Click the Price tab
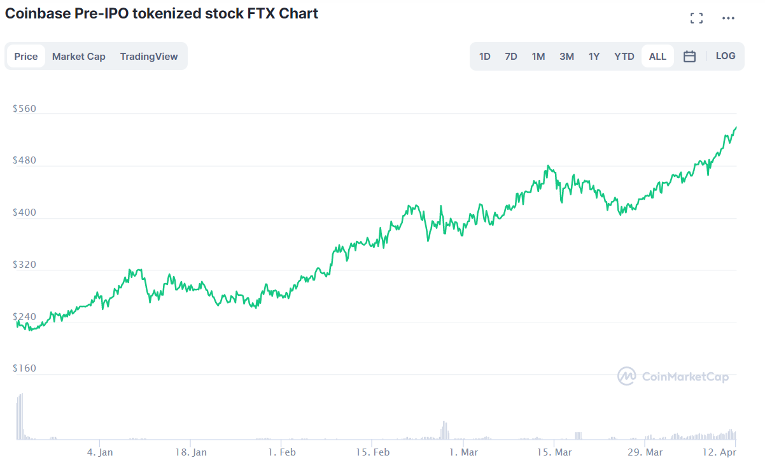tap(26, 57)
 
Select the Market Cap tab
tap(79, 57)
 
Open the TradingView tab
tap(149, 57)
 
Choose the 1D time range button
tap(485, 57)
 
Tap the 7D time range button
tap(511, 57)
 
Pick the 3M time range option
tap(566, 57)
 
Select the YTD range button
tap(624, 57)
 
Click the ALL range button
tap(657, 57)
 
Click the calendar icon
tap(689, 57)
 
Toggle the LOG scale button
tap(726, 56)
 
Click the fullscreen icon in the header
tap(697, 18)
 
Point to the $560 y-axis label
tap(24, 109)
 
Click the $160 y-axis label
tap(24, 368)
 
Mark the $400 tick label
tap(24, 213)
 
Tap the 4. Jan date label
tap(100, 452)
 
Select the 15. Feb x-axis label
tap(372, 452)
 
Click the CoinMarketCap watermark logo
tap(627, 376)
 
